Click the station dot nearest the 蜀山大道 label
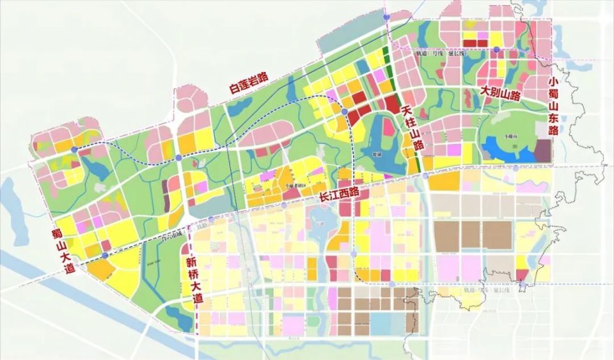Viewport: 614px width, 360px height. (104, 256)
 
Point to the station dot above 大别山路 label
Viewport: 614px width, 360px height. (496, 49)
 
